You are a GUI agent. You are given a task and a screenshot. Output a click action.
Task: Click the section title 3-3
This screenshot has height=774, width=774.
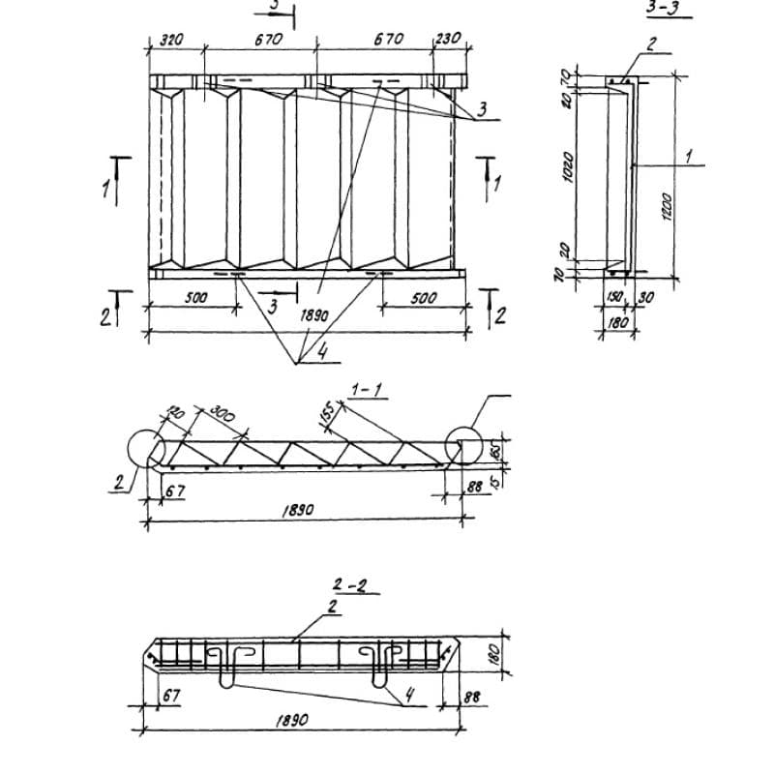pyautogui.click(x=661, y=10)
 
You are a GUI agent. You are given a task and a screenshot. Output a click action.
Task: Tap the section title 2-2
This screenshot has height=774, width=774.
pyautogui.click(x=346, y=585)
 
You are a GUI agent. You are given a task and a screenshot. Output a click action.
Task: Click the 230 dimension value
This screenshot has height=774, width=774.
pyautogui.click(x=448, y=41)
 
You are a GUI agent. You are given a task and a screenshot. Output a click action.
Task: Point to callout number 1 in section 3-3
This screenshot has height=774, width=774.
pyautogui.click(x=688, y=155)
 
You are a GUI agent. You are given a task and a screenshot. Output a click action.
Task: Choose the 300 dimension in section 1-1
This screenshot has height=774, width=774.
pyautogui.click(x=223, y=418)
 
